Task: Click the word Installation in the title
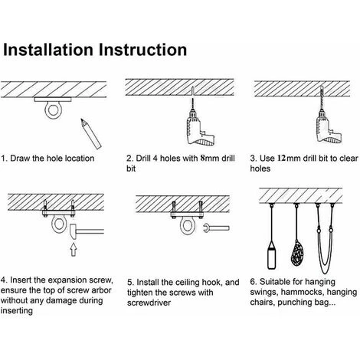click(x=48, y=50)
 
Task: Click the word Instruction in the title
click(x=143, y=50)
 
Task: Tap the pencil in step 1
click(x=91, y=133)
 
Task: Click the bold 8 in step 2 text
click(x=203, y=159)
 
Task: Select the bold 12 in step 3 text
click(x=281, y=159)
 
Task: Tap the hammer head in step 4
click(x=73, y=231)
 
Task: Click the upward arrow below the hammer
click(x=74, y=249)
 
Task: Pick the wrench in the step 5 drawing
click(x=217, y=228)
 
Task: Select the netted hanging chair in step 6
click(x=297, y=254)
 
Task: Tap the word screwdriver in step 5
click(x=149, y=303)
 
